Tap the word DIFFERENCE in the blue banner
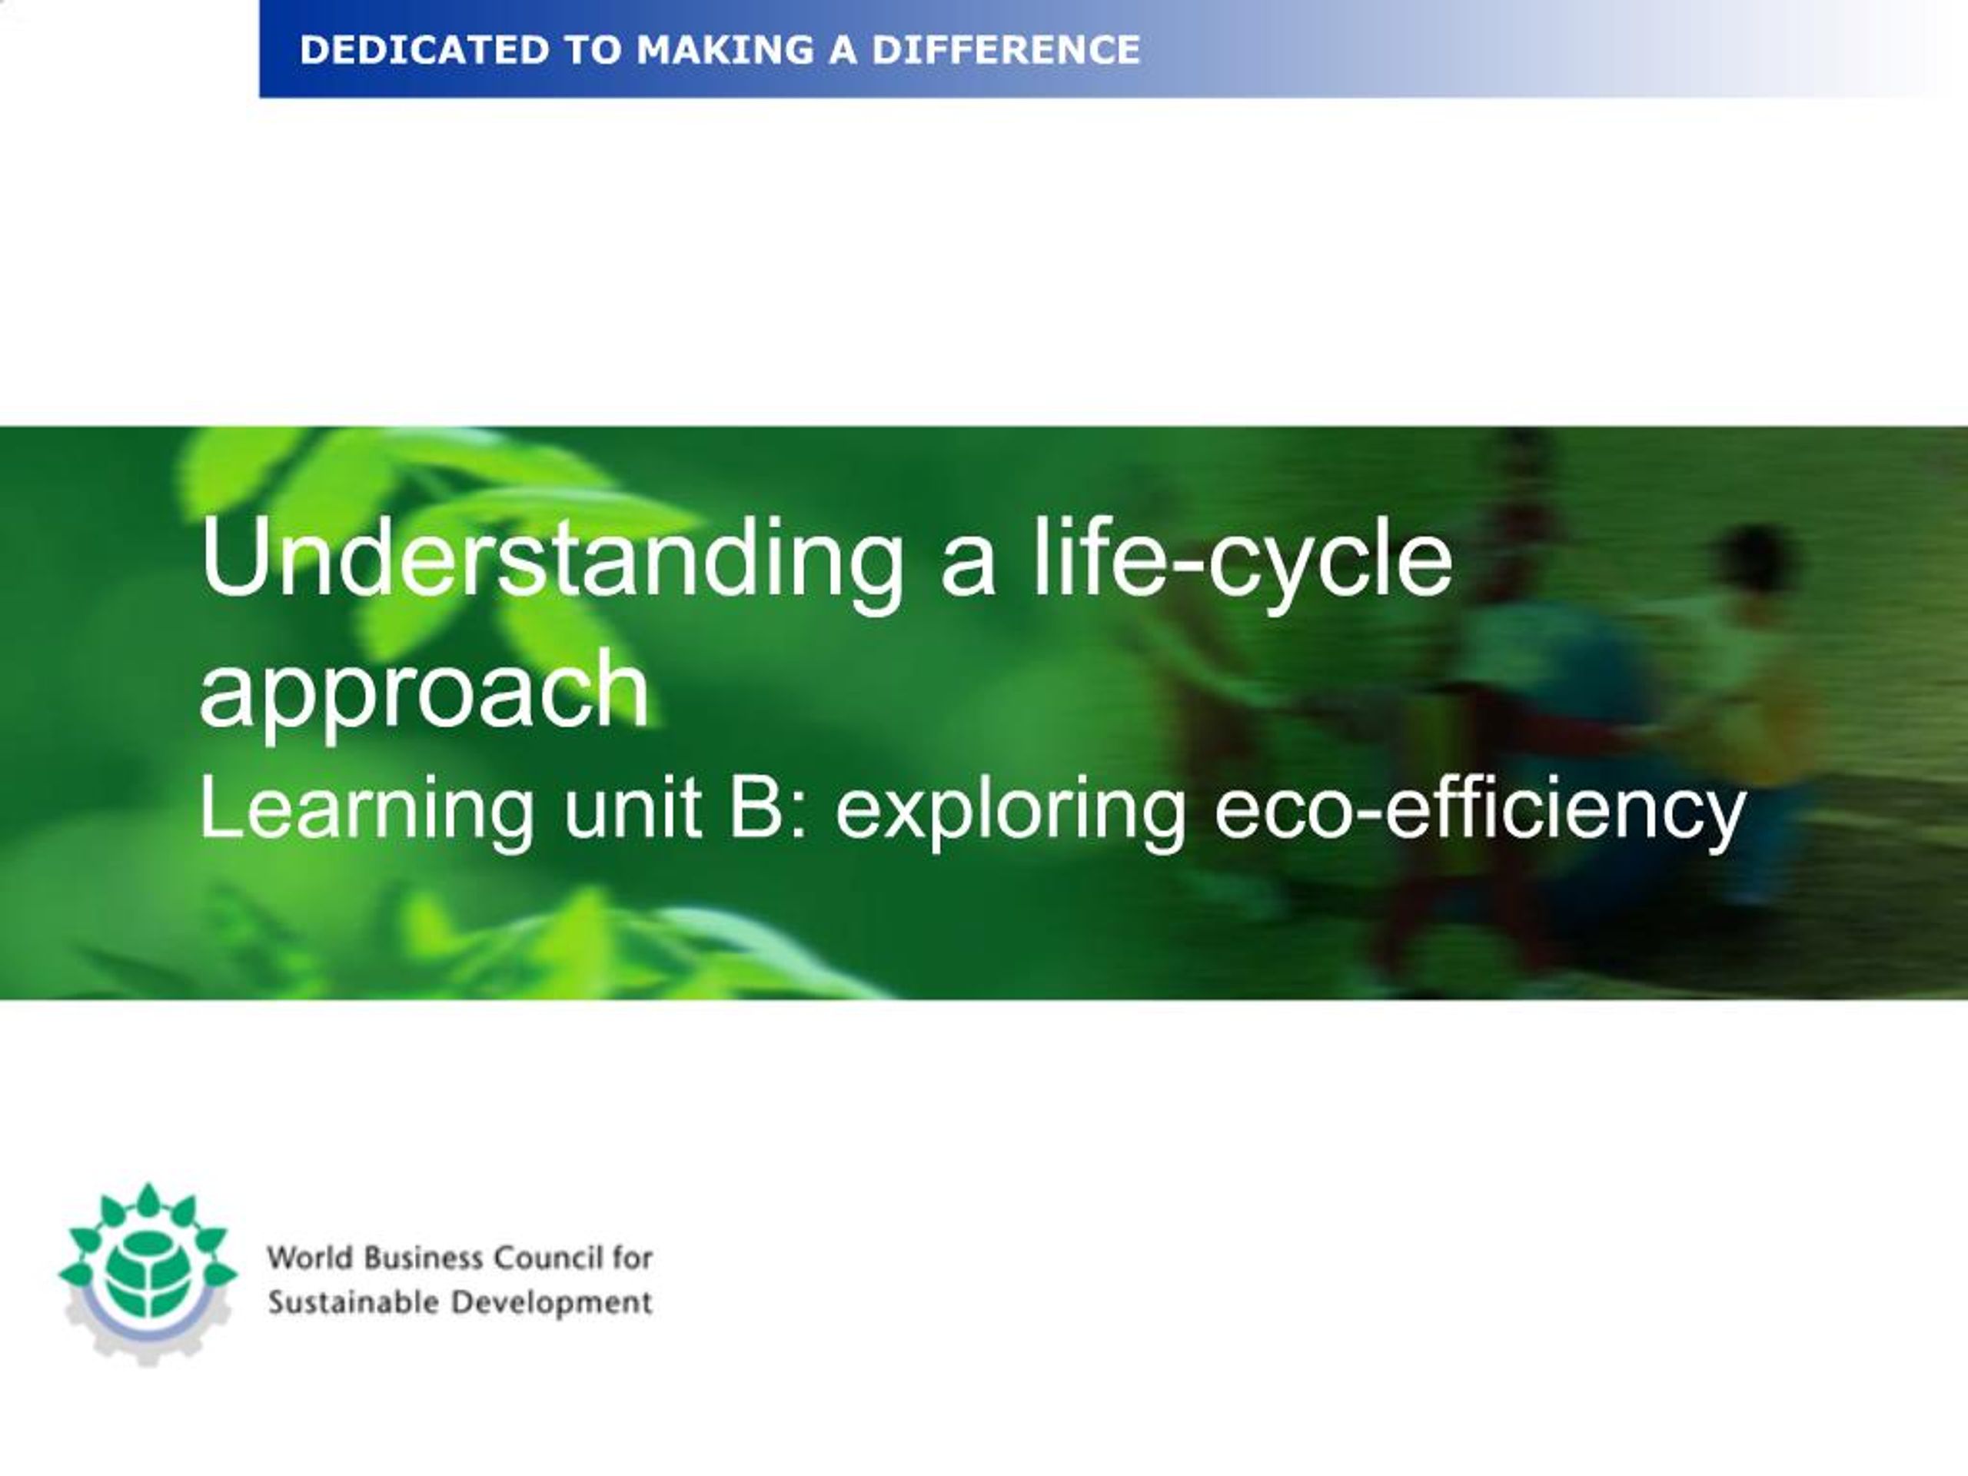[x=1006, y=50]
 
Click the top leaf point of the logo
[x=148, y=1192]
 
